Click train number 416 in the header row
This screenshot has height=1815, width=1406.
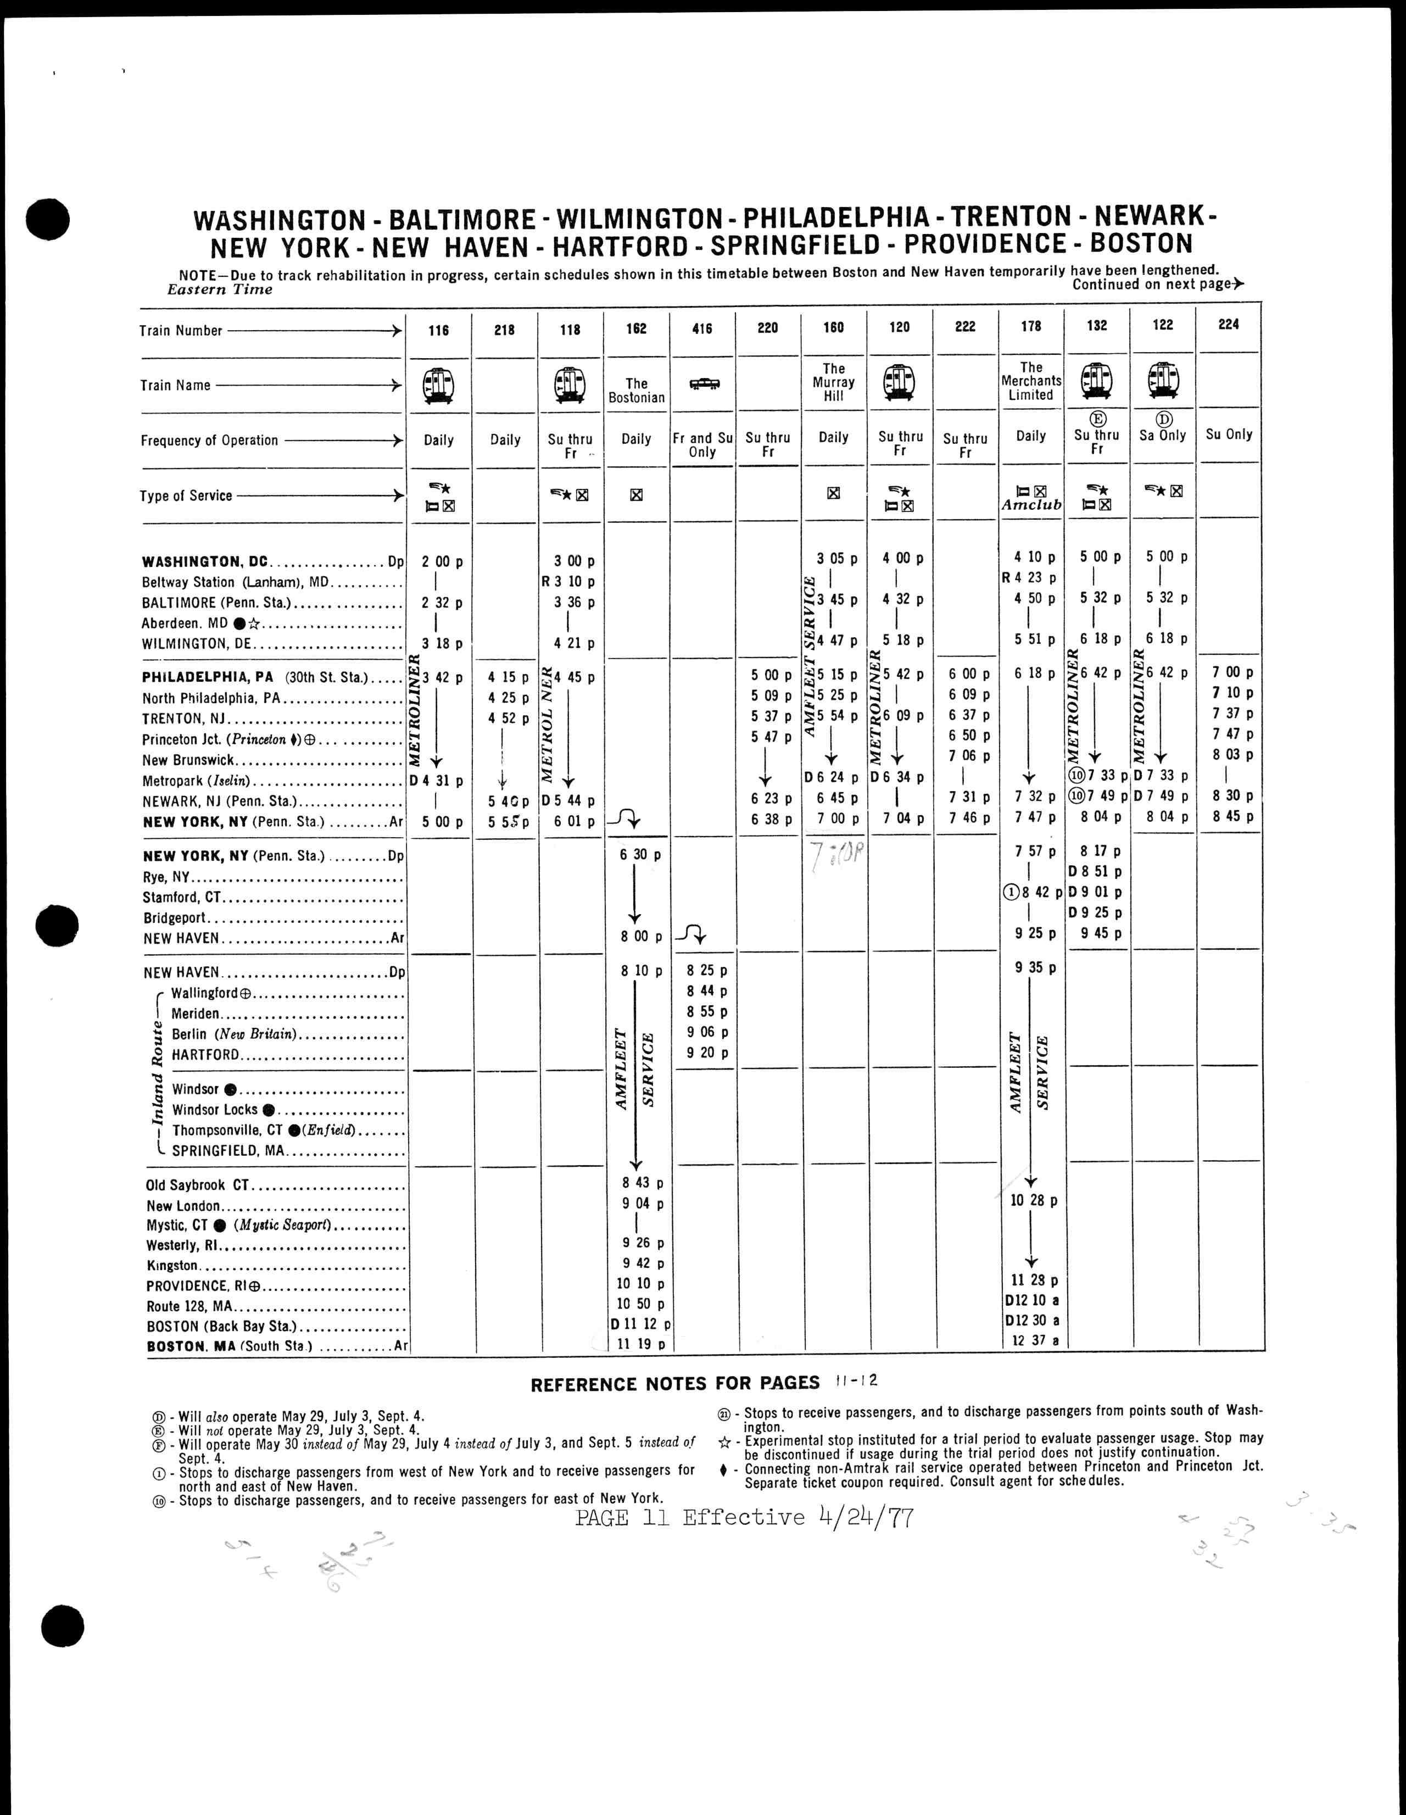click(x=701, y=329)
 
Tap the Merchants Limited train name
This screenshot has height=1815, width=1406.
click(x=1030, y=381)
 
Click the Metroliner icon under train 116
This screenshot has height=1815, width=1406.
click(x=438, y=385)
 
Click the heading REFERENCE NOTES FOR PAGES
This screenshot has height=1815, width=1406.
click(x=675, y=1384)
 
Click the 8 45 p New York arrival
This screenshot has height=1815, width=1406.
click(x=1231, y=816)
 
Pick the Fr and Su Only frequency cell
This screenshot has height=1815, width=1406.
click(x=702, y=444)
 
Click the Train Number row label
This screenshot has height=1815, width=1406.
click(x=181, y=331)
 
